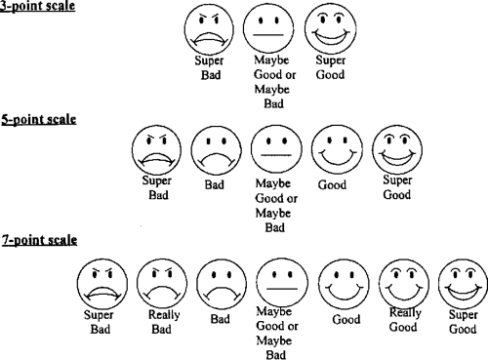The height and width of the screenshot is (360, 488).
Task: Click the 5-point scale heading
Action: click(38, 119)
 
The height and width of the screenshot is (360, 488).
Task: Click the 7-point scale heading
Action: click(38, 239)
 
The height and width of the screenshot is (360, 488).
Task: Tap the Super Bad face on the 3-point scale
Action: click(207, 31)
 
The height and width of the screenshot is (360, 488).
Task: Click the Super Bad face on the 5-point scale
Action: click(154, 151)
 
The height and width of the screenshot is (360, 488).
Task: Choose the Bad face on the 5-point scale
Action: click(215, 151)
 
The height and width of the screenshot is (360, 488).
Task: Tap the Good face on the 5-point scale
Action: click(335, 151)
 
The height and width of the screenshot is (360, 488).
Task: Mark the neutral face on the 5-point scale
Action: click(275, 151)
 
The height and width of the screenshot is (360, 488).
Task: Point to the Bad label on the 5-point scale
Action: click(215, 183)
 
